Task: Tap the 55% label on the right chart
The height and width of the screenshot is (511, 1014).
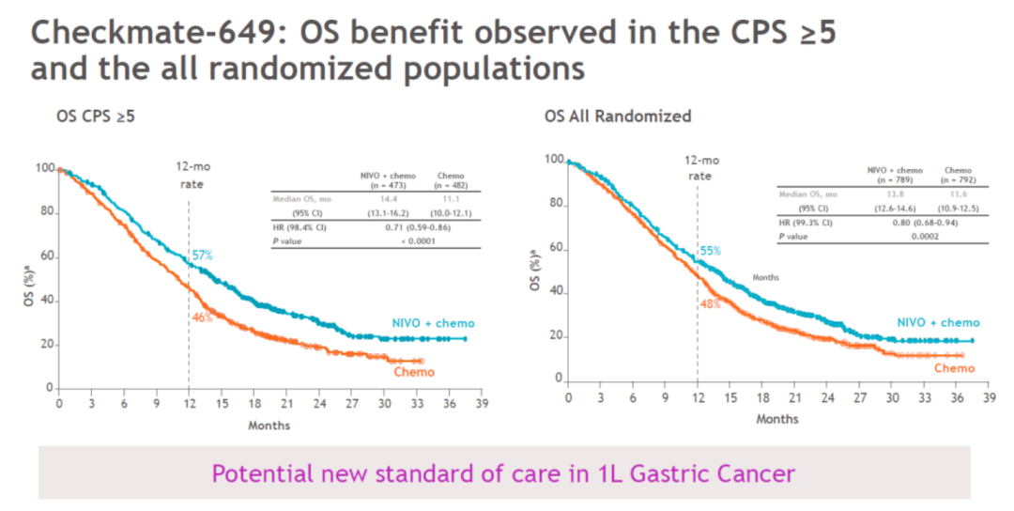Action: point(711,251)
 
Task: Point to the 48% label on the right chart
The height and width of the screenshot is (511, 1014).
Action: point(710,304)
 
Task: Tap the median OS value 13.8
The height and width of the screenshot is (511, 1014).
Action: point(881,194)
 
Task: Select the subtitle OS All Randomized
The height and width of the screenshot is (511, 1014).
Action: point(618,116)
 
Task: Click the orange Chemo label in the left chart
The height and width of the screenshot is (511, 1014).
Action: point(414,372)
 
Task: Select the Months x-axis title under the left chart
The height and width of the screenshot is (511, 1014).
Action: point(269,425)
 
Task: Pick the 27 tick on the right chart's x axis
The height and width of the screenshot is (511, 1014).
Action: point(860,398)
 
